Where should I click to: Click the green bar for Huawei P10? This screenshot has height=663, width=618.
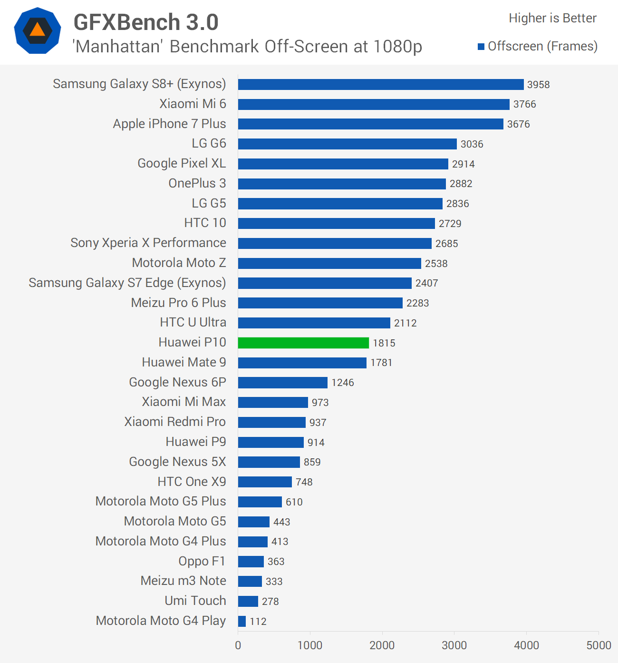303,343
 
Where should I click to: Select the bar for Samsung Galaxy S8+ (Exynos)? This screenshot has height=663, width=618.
380,84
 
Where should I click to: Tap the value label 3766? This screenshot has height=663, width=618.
524,104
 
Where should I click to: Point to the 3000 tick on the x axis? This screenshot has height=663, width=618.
454,645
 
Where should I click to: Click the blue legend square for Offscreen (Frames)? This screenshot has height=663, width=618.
481,47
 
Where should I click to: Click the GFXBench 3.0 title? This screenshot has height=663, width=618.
146,22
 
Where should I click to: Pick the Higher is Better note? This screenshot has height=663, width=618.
552,18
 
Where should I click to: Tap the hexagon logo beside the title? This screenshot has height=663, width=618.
38,30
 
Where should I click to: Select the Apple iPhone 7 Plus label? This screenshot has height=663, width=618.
169,124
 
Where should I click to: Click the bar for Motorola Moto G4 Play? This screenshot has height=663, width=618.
242,621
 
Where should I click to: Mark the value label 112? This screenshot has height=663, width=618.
258,621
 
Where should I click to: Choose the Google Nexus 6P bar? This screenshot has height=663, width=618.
283,383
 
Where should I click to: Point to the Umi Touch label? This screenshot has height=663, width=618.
195,601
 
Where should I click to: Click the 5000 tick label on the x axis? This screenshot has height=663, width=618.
599,645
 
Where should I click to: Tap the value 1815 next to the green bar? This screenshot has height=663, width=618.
384,343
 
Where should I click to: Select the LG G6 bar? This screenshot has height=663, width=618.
347,144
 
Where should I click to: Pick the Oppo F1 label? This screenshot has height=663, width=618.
202,561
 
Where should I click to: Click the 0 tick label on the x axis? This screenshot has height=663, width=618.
238,645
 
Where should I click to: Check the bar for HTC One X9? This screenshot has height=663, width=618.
265,482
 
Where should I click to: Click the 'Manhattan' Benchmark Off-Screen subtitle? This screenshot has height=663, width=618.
247,47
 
